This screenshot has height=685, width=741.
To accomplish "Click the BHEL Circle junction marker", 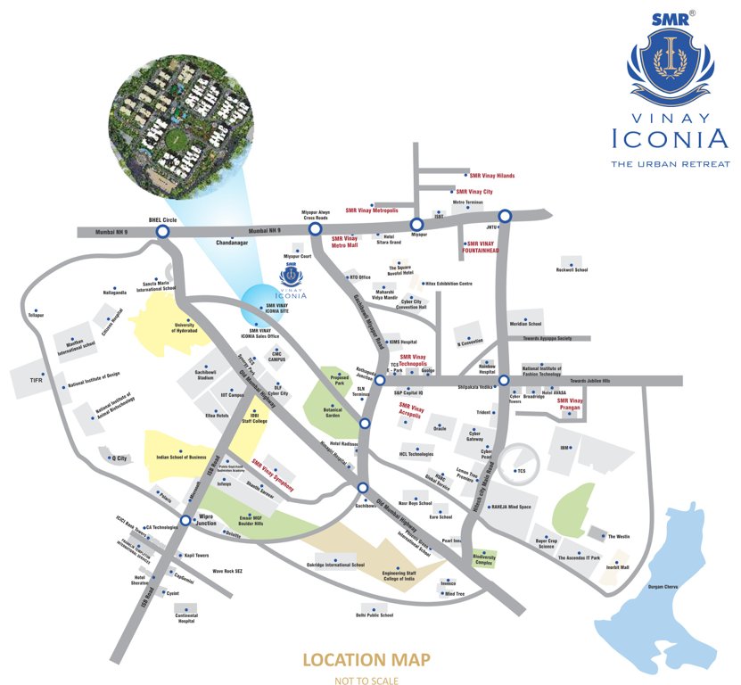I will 162,232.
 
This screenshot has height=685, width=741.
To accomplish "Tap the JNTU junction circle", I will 505,215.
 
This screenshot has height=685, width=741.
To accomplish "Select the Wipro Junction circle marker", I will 185,520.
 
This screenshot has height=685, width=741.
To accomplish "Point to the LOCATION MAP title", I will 366,661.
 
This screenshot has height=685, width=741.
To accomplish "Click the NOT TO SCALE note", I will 366,679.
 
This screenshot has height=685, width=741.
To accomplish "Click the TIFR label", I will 37,381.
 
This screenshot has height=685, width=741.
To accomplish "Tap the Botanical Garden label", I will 333,414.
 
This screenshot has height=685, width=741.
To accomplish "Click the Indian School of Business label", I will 185,458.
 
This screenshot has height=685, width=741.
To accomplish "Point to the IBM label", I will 564,447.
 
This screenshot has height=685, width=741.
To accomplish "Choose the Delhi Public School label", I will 375,615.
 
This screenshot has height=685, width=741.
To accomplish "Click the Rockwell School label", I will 572,269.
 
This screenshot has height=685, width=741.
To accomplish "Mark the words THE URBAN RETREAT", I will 670,164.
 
